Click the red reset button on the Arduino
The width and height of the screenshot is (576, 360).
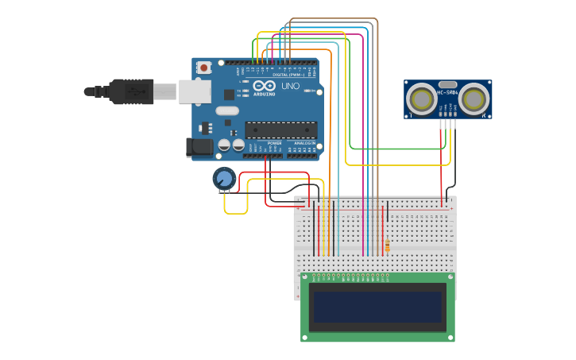[204, 68]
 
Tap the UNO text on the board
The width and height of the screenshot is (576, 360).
[290, 86]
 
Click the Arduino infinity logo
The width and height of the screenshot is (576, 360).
[265, 85]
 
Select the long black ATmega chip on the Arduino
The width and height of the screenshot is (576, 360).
[280, 130]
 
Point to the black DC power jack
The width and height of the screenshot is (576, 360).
[199, 147]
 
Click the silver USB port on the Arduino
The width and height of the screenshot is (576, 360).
[195, 91]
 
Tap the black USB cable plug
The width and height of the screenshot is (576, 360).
[131, 91]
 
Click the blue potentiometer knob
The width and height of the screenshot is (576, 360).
[224, 178]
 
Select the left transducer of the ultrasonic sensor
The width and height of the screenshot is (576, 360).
[421, 99]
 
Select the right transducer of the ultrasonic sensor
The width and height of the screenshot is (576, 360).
[474, 99]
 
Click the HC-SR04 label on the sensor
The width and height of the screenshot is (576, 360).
[447, 93]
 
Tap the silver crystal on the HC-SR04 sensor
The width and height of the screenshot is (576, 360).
[447, 84]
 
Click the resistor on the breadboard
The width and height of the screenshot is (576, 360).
[387, 246]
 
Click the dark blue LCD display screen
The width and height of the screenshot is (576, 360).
[377, 307]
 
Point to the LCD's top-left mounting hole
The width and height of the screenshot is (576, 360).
[305, 277]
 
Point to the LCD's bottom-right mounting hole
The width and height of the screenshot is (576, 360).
[450, 337]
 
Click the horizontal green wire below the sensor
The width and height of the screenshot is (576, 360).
[397, 149]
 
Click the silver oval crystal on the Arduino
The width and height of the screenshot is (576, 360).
[226, 111]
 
